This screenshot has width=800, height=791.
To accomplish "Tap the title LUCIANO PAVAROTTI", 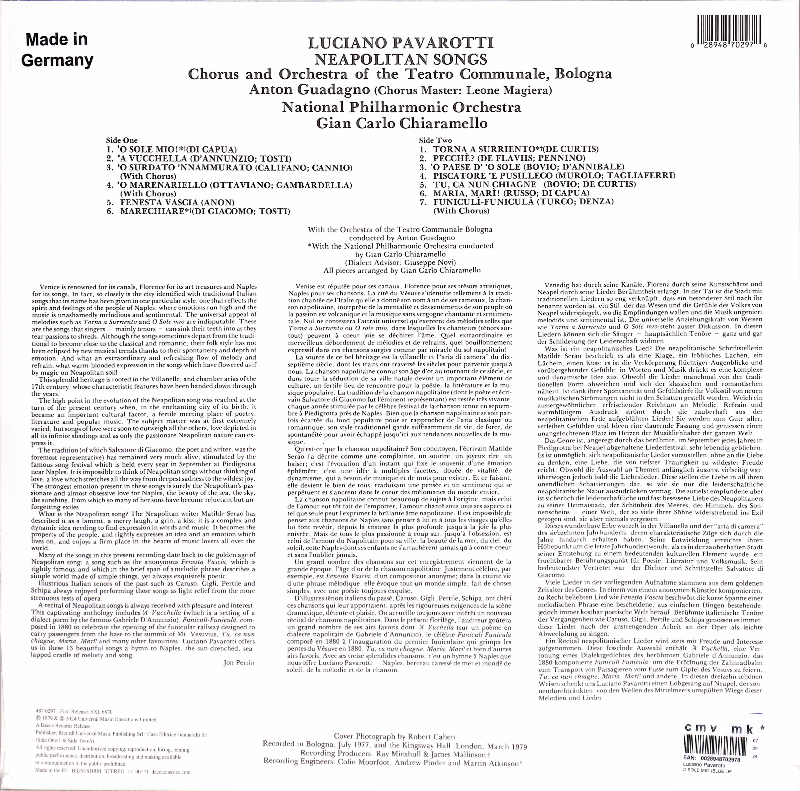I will pos(400,43).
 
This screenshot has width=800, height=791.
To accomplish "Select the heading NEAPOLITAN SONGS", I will pos(400,59).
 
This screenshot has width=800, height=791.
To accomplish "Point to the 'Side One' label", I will pos(122,140).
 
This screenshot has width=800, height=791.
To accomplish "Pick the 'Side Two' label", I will pos(435,140).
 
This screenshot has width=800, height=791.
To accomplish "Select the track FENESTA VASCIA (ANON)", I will pos(177,203).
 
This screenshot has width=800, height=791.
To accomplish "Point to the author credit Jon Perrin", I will pos(239,663).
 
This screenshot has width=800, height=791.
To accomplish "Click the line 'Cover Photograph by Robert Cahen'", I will pos(394,737).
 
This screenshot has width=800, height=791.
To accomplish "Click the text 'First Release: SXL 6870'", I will pos(86,711).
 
